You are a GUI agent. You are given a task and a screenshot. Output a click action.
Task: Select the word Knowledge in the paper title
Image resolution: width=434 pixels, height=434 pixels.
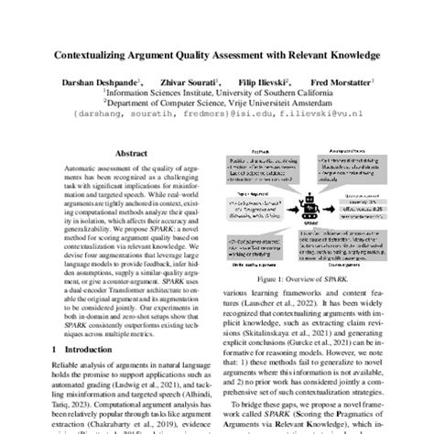tap(347, 56)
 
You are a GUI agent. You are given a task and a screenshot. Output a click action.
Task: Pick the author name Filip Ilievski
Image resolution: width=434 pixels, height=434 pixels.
tap(266, 81)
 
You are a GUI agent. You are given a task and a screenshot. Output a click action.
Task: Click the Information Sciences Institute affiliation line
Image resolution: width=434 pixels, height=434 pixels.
tap(216, 92)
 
